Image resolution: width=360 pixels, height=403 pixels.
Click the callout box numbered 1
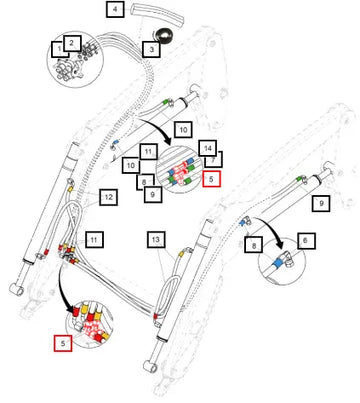tap(58, 49)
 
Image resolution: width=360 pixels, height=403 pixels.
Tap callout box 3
tap(151, 49)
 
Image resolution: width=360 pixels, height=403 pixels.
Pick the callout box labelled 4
tap(115, 9)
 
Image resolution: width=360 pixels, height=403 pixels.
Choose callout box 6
tap(306, 240)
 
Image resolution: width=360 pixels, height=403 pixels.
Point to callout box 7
tap(215, 159)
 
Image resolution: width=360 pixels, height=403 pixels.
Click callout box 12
tap(108, 197)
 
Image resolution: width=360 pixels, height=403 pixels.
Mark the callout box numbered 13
tap(156, 239)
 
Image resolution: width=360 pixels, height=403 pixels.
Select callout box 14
tap(207, 148)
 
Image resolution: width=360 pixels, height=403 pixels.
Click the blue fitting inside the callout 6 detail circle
tap(277, 263)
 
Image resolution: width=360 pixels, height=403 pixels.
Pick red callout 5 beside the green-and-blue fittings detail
tap(211, 178)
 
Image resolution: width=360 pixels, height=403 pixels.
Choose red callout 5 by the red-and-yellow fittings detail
tap(63, 343)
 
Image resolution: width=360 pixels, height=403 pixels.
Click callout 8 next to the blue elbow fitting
tap(254, 245)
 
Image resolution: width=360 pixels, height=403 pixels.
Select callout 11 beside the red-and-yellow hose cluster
tap(94, 239)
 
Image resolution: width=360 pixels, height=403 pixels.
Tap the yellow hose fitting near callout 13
tap(182, 254)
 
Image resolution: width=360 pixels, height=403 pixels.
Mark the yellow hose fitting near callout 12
tap(70, 189)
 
